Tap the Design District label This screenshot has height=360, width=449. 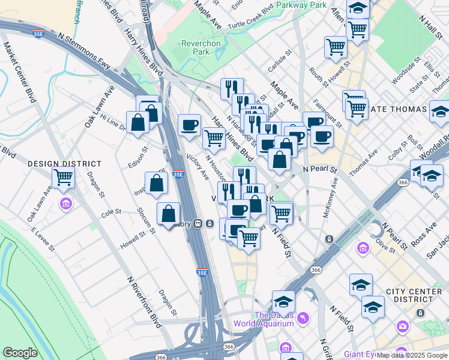click(56, 163)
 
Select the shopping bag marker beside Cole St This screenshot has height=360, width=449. click(169, 213)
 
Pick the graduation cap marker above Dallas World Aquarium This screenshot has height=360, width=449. click(283, 301)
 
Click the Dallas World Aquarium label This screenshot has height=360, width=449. click(274, 319)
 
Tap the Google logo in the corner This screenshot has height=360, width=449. click(19, 353)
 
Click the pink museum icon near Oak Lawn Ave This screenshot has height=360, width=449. click(65, 204)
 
